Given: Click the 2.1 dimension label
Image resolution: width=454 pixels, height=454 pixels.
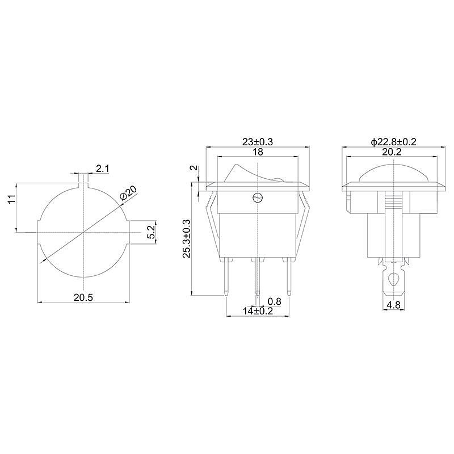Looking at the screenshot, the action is [103, 168].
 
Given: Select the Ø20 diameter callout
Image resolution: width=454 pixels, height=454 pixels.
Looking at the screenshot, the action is [128, 192].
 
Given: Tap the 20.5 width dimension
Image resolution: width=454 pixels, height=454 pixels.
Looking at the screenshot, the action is [83, 297].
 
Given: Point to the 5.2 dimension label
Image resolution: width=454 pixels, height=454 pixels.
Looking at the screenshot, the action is [151, 232].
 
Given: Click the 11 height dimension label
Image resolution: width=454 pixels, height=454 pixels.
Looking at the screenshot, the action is [11, 199].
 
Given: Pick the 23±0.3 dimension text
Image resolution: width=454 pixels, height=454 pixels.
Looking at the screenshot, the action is [258, 142].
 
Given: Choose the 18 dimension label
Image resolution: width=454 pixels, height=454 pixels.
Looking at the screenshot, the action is [258, 152].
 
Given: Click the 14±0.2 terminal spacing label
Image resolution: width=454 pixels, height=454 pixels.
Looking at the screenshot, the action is [258, 311].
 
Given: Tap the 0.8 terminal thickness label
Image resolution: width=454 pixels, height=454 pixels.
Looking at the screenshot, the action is [274, 301].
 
